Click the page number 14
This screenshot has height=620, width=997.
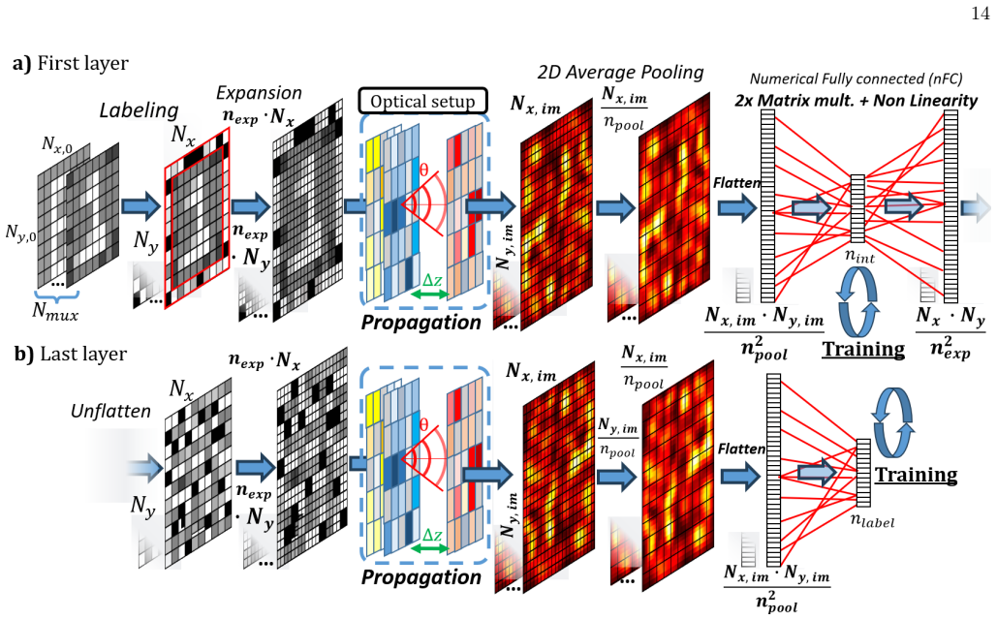[981, 14]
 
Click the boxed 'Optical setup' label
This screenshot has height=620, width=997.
[422, 101]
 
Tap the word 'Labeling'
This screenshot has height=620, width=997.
[140, 110]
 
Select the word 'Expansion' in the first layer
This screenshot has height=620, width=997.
[259, 93]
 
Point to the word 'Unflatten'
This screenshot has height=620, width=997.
[110, 412]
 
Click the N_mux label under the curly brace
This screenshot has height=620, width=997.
[55, 311]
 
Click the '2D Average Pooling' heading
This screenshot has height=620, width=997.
[620, 73]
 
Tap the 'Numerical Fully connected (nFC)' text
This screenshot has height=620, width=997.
[856, 78]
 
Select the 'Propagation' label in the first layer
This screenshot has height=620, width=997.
[421, 323]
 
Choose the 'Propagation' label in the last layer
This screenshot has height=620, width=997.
[421, 576]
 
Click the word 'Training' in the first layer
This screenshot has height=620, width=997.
[863, 349]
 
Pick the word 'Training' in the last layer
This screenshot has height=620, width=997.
[917, 475]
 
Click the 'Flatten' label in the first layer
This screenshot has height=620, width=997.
[737, 183]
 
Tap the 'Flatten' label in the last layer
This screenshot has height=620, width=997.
[741, 449]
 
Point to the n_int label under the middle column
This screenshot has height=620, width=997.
[859, 257]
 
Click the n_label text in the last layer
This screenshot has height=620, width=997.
[872, 521]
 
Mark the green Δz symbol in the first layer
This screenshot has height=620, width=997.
[432, 280]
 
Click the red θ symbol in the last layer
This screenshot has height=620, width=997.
[424, 424]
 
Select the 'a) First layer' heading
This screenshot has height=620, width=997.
[71, 63]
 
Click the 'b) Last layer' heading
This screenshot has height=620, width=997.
[71, 355]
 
